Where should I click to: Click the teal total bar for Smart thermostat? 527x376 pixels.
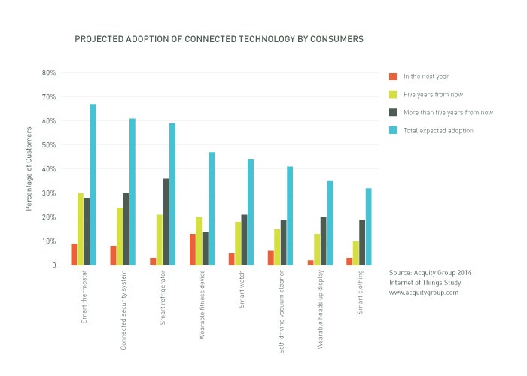click(93, 184)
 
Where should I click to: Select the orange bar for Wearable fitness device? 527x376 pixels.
click(192, 250)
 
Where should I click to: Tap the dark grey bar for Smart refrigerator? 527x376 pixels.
click(166, 222)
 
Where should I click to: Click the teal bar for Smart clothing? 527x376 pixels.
click(369, 226)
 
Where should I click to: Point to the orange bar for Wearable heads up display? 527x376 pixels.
click(310, 262)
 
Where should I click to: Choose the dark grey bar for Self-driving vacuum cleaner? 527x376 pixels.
click(284, 242)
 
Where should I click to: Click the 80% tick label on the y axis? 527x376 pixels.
click(49, 73)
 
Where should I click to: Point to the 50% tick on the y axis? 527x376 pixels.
click(49, 145)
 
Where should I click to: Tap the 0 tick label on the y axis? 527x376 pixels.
click(53, 265)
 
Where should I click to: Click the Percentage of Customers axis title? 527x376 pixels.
click(29, 169)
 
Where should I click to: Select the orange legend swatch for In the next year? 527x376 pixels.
click(392, 77)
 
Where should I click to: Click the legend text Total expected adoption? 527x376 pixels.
click(439, 130)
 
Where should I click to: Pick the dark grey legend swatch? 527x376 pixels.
click(392, 112)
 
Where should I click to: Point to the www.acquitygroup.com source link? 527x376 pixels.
click(424, 293)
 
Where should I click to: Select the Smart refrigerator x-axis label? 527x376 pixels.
click(163, 301)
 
